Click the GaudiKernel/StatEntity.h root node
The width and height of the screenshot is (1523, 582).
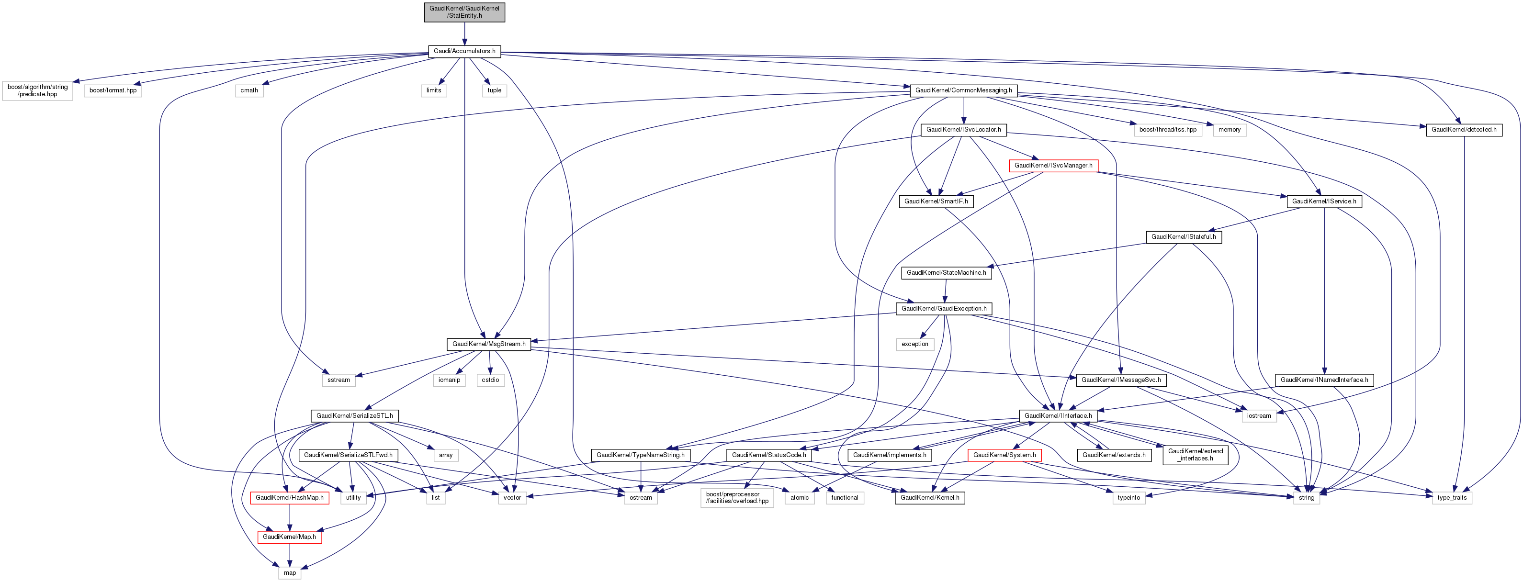coord(464,12)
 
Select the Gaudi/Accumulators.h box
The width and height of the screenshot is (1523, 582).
coord(464,51)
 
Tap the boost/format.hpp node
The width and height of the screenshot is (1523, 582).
coord(113,90)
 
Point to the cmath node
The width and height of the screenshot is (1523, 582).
coord(249,90)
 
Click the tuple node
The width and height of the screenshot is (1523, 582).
coord(494,90)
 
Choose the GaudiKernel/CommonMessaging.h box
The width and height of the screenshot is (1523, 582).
coord(963,90)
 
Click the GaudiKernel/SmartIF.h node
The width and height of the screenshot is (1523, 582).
coord(936,201)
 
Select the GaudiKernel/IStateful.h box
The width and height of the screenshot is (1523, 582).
coord(1184,237)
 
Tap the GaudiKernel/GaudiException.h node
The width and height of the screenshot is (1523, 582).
coord(944,308)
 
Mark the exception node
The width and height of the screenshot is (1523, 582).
coord(914,344)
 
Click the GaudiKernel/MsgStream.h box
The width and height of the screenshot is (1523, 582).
coord(488,344)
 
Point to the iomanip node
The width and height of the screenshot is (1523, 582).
coord(449,380)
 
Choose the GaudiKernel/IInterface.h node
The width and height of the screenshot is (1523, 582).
coord(1058,416)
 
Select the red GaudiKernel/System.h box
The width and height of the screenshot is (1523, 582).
coord(1004,455)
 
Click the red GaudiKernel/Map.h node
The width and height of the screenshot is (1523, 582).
coord(289,537)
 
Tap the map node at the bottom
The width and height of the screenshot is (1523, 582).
coord(290,572)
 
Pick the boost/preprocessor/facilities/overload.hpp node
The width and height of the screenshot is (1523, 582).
coord(737,497)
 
